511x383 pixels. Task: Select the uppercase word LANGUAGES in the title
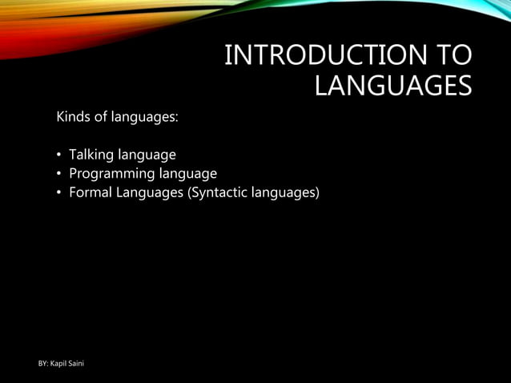pyautogui.click(x=392, y=86)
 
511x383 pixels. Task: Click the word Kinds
pyautogui.click(x=73, y=117)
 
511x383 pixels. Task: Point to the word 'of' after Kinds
pyautogui.click(x=101, y=117)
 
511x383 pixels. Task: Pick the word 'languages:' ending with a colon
pyautogui.click(x=145, y=118)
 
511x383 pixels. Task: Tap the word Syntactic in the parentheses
pyautogui.click(x=215, y=193)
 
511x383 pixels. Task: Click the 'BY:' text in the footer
pyautogui.click(x=44, y=365)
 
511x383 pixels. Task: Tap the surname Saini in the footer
pyautogui.click(x=77, y=365)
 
